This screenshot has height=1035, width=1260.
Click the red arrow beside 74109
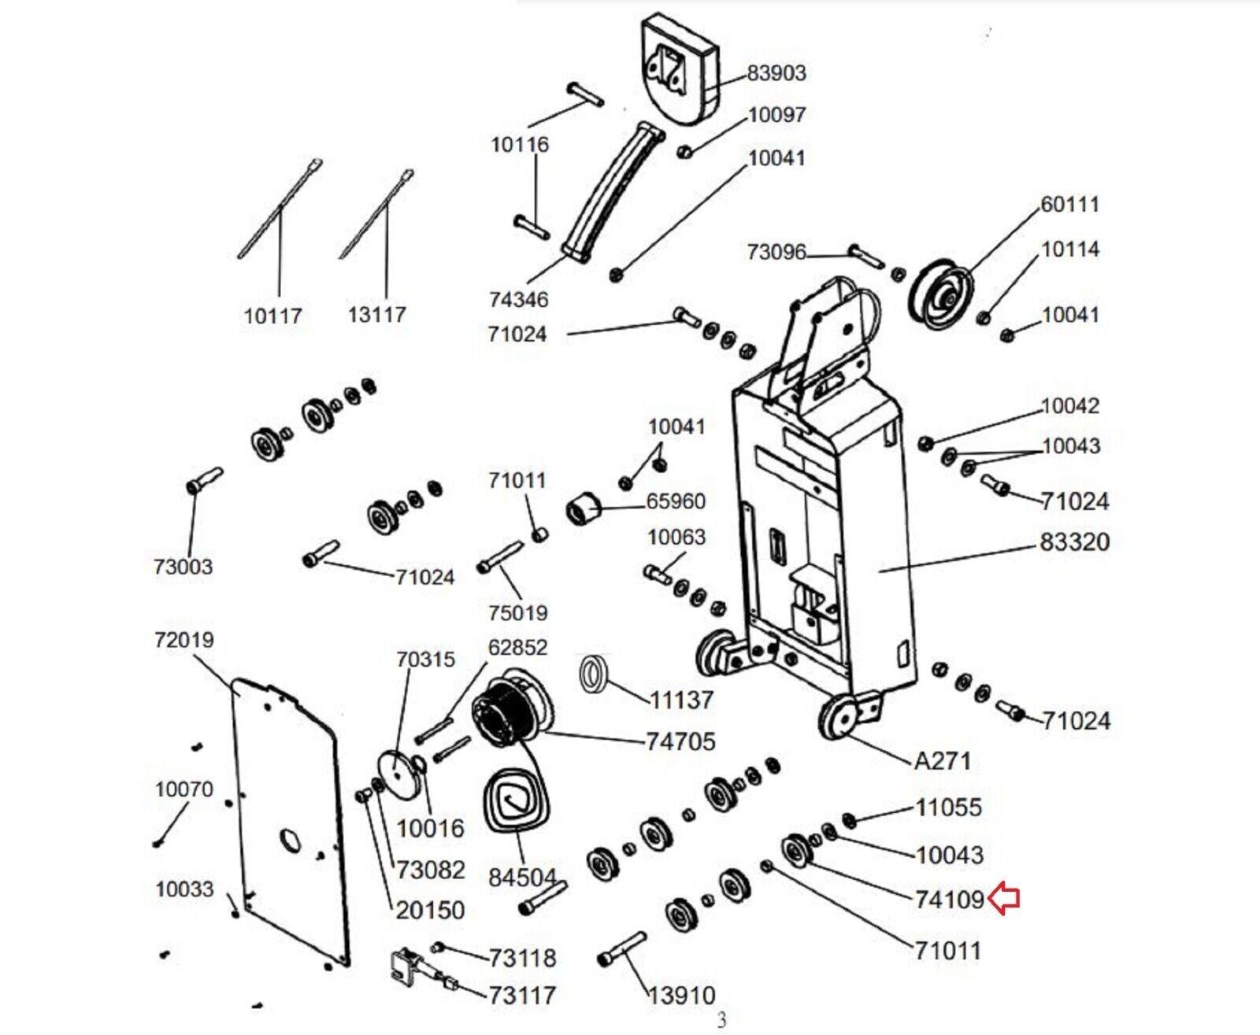[x=1003, y=900]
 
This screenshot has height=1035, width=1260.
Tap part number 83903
[x=776, y=73]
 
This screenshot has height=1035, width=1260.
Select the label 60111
[x=1070, y=205]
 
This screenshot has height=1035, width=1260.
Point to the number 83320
[x=1075, y=542]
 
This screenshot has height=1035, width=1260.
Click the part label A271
[x=942, y=761]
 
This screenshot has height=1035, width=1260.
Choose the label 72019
[x=184, y=640]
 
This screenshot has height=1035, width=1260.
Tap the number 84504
[x=522, y=878]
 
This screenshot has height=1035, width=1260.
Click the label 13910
[x=682, y=996]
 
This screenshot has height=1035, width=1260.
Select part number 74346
[x=519, y=300]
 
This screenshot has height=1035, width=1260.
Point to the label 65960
[x=676, y=501]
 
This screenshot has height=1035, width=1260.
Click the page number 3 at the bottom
[x=721, y=1022]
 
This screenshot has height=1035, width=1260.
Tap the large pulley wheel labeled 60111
[x=942, y=294]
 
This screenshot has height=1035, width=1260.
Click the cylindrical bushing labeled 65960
[x=585, y=508]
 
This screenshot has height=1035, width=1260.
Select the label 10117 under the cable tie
[x=273, y=316]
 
